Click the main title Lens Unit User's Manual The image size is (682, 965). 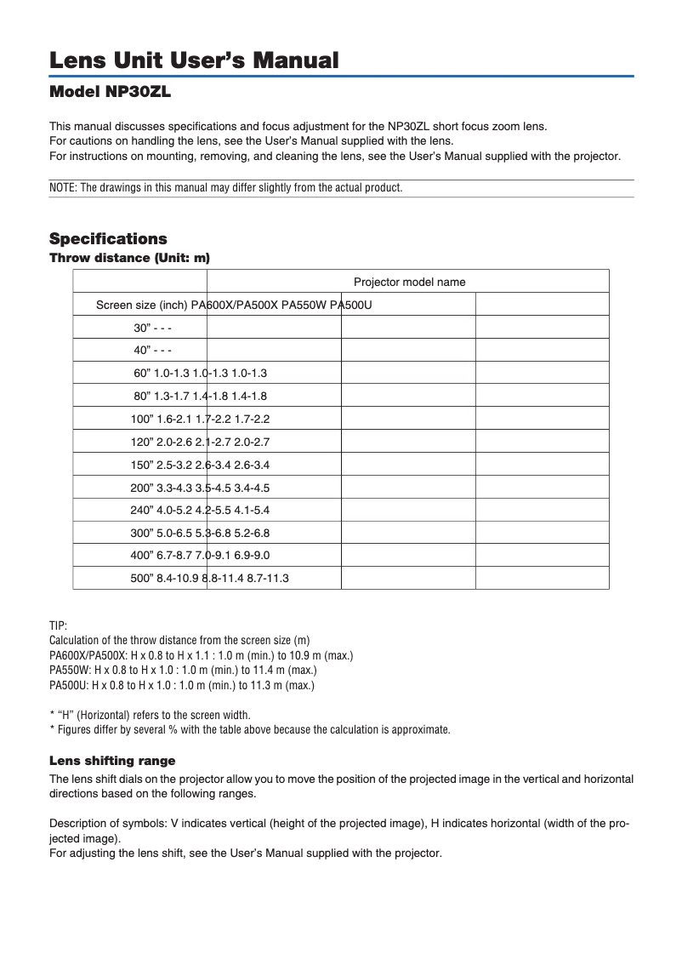tap(194, 60)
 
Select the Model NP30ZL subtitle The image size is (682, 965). tap(116, 91)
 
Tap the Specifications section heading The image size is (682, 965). tap(108, 239)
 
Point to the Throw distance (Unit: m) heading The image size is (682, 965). tap(129, 257)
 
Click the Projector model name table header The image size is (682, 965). tap(409, 283)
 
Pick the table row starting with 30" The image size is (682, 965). tap(153, 328)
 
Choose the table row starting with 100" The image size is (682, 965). tap(201, 419)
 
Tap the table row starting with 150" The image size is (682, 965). tap(201, 465)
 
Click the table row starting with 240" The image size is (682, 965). tap(201, 511)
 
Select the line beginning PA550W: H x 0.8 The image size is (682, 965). tap(182, 670)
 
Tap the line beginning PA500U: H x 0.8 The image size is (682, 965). tap(182, 685)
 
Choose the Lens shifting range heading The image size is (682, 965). tap(112, 760)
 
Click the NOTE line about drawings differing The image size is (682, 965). tap(225, 188)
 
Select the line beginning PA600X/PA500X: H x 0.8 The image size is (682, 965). tap(201, 655)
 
